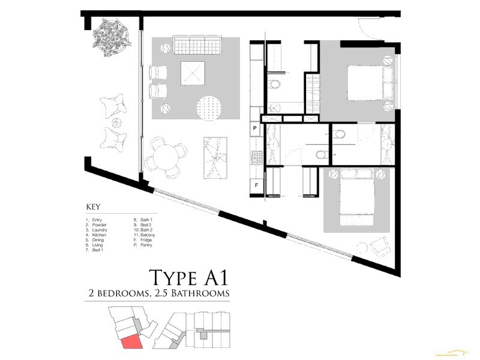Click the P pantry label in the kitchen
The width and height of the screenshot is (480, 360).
[255, 129]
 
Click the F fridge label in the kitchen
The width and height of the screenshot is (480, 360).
[256, 185]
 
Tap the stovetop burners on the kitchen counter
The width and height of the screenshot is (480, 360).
[256, 157]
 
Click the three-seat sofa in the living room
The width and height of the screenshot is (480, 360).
[198, 44]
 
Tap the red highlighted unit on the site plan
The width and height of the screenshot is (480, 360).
[130, 342]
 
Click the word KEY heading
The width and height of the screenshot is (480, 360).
[93, 206]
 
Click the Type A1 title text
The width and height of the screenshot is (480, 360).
[189, 278]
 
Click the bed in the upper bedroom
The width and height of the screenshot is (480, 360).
[367, 83]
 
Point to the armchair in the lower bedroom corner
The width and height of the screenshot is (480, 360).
[377, 246]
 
